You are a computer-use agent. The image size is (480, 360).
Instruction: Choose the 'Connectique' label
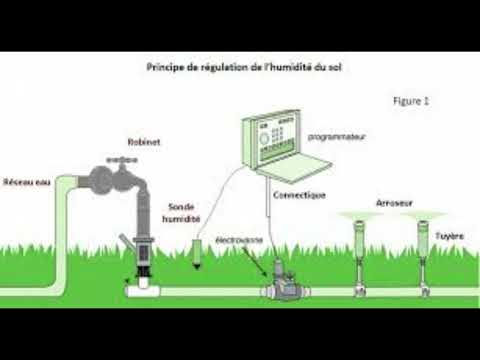(299, 194)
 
